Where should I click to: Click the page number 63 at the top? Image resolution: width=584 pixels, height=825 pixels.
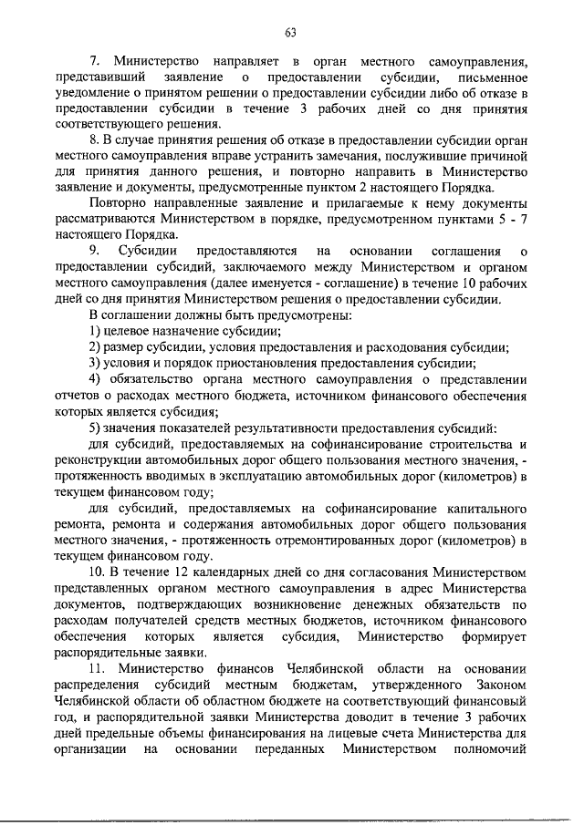coord(291,34)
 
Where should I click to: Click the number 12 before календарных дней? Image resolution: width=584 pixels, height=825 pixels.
coord(172,572)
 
